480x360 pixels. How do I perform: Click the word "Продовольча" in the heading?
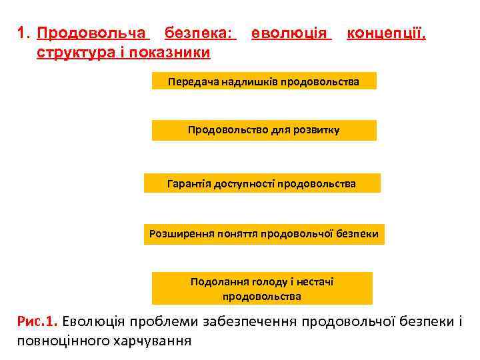(92, 33)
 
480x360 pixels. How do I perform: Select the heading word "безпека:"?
(200, 33)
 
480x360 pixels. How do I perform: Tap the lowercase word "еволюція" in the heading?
(290, 33)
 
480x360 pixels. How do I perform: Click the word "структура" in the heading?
(72, 52)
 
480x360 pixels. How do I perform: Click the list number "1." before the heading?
(25, 33)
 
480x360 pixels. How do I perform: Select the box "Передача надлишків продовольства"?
(263, 82)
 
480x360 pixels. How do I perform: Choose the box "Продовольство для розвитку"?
(263, 130)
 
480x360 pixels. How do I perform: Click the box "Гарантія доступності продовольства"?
(262, 183)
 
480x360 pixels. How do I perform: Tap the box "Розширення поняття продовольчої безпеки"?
(264, 234)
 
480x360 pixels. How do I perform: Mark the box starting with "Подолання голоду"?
(262, 289)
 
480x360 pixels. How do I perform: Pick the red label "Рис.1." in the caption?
(38, 322)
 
